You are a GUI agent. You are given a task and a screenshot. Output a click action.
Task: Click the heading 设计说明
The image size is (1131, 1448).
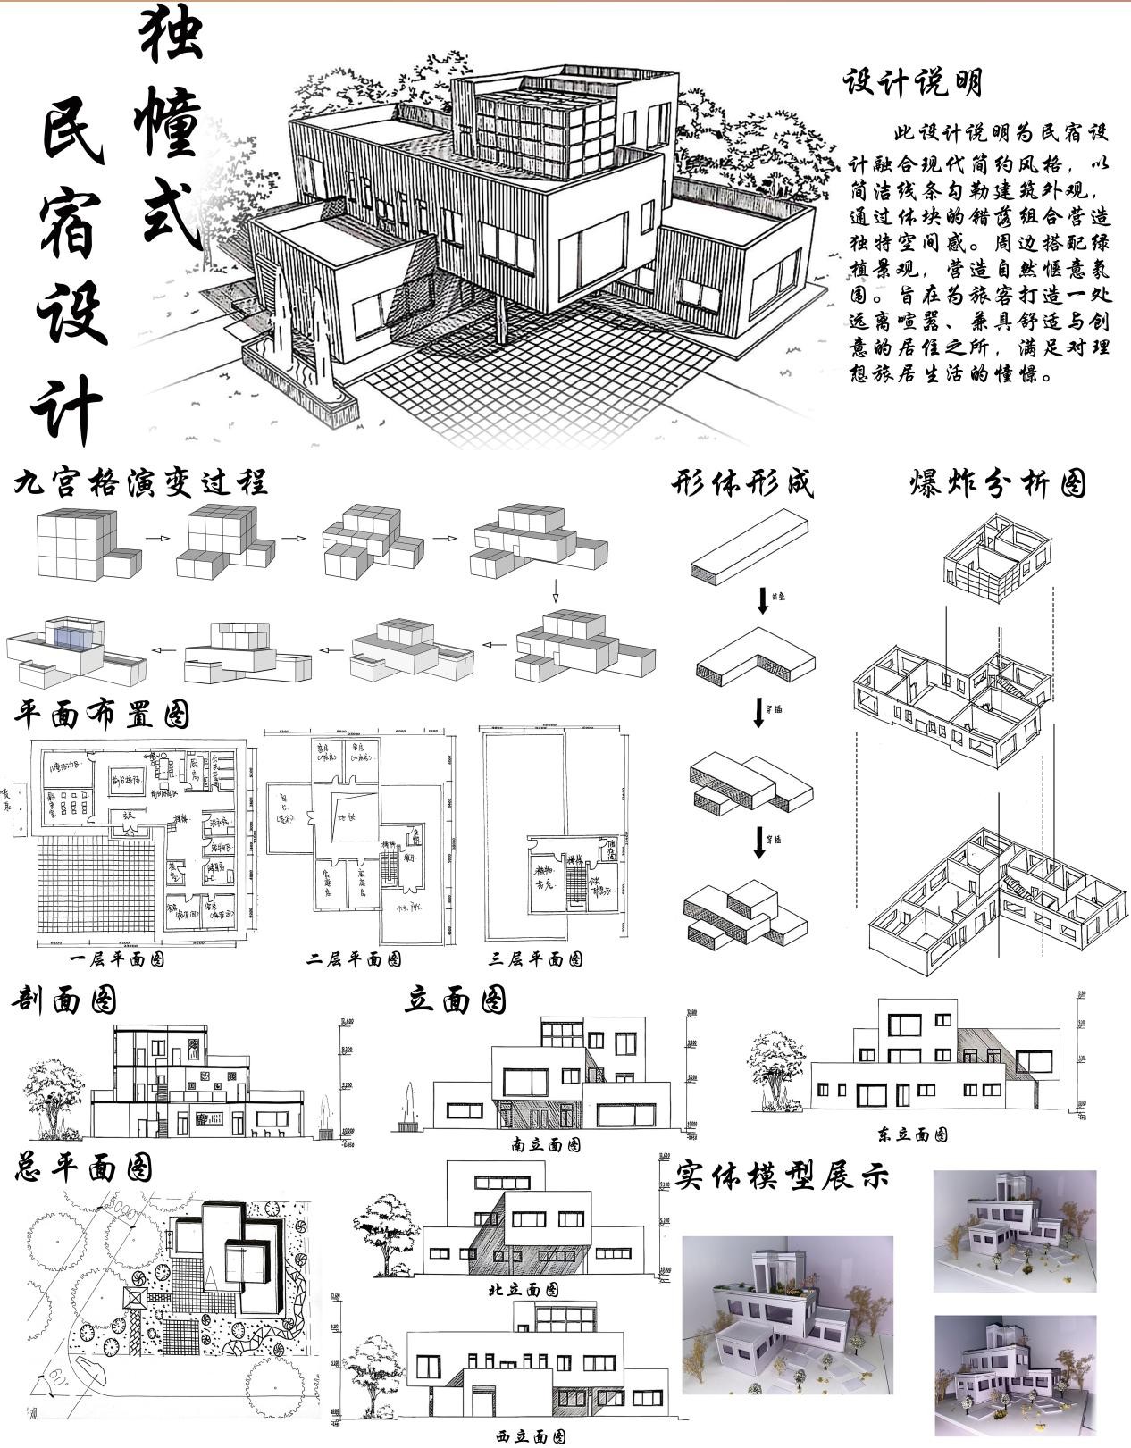coord(911,83)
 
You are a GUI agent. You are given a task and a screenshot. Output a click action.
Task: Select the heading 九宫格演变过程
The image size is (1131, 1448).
coord(140,483)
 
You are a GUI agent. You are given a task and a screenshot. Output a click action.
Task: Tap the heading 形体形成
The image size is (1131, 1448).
coord(742,483)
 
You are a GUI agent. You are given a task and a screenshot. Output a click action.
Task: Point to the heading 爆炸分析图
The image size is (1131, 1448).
coord(997,483)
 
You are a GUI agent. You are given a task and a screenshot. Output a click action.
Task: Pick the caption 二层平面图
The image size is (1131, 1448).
coord(354,959)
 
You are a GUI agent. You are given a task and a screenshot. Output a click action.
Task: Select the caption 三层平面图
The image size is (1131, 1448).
coord(536,959)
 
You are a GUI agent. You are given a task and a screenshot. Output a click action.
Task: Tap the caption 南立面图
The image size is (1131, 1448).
coord(546,1144)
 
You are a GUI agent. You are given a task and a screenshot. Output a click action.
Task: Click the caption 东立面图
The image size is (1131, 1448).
coord(912,1134)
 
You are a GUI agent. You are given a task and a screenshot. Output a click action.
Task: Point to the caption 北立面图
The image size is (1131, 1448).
coord(524,1290)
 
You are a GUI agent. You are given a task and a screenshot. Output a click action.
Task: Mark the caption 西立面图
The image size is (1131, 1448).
coord(531,1436)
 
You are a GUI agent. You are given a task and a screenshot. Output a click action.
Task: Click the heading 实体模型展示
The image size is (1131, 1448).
coord(783,1176)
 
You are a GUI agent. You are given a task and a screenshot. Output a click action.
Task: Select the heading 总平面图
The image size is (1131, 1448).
coord(83,1168)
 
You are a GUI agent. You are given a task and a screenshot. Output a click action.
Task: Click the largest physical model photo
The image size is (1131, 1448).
coord(787,1315)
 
